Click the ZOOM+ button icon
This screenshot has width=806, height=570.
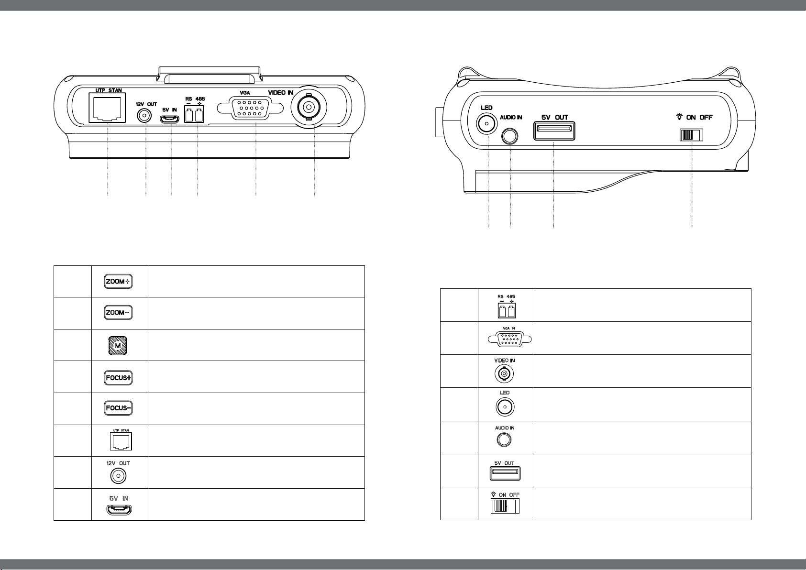pos(118,282)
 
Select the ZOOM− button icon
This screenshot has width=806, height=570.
pos(118,313)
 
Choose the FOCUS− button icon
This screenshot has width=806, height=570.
pos(118,408)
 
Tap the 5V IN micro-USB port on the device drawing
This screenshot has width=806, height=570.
pos(170,120)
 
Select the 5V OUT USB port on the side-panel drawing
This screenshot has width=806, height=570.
pos(554,131)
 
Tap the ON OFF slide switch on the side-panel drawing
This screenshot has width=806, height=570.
pos(691,135)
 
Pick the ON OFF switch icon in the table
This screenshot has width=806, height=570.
pos(505,506)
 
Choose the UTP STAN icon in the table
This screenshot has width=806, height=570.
pos(118,442)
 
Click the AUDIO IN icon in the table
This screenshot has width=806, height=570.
pos(504,439)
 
